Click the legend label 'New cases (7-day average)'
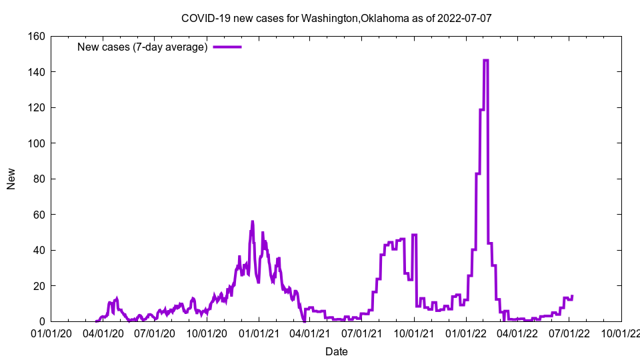pyautogui.click(x=143, y=47)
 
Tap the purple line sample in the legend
pyautogui.click(x=227, y=47)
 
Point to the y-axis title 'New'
pyautogui.click(x=11, y=179)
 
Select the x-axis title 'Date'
pyautogui.click(x=336, y=351)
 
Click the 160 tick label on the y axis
pyautogui.click(x=36, y=36)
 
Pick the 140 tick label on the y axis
pyautogui.click(x=36, y=72)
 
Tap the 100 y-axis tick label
pyautogui.click(x=36, y=143)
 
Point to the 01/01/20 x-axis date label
pyautogui.click(x=51, y=333)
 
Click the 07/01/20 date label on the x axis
pyautogui.click(x=155, y=333)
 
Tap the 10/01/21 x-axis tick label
pyautogui.click(x=414, y=333)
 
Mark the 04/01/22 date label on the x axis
pyautogui.click(x=517, y=333)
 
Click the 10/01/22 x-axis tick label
pyautogui.click(x=621, y=333)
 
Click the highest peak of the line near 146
pyautogui.click(x=485, y=61)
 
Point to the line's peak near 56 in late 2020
pyautogui.click(x=253, y=221)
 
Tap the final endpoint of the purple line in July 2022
pyautogui.click(x=572, y=296)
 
